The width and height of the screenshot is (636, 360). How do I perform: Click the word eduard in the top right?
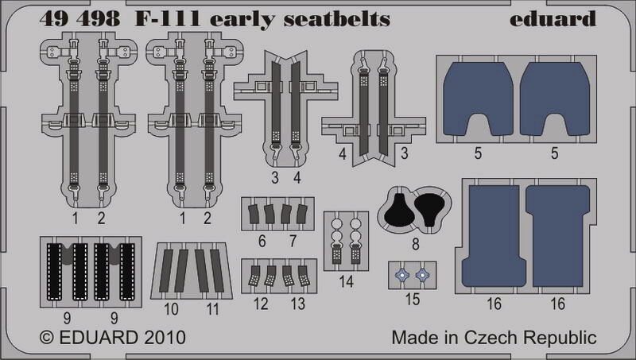(553, 19)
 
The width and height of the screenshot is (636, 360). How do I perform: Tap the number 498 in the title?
(100, 19)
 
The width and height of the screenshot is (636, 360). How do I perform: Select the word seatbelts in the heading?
(336, 19)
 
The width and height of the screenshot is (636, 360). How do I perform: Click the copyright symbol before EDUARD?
(47, 338)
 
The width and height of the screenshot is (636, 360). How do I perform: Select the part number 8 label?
(415, 245)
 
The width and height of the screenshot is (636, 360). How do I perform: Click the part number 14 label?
(346, 281)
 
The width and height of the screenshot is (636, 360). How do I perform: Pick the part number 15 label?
(412, 299)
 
